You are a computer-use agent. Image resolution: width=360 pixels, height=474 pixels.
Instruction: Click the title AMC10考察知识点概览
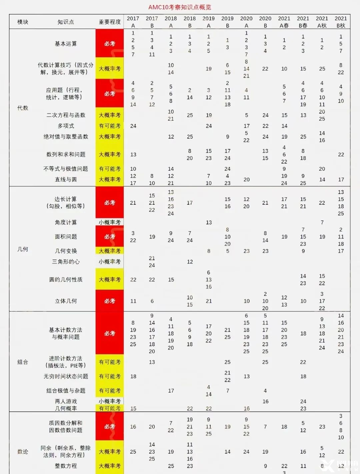point(180,7)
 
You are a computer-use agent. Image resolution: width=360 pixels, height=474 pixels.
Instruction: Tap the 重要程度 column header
point(110,22)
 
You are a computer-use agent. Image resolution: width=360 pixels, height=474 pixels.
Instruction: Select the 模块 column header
point(23,22)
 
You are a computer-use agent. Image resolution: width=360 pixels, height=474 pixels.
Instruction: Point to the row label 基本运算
point(66,44)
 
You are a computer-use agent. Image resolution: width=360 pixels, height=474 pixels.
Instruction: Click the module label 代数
point(23,108)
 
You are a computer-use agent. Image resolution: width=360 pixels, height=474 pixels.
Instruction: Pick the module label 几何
point(23,249)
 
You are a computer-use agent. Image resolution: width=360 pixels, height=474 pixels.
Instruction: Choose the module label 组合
point(23,362)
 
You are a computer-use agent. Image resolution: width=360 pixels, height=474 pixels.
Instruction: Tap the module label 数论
point(23,452)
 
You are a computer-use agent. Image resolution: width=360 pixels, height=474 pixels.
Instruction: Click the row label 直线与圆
point(66,179)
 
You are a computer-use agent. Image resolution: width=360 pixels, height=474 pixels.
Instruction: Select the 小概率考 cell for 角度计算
point(110,222)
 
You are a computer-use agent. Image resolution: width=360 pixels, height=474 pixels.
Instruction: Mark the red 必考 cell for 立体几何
point(110,301)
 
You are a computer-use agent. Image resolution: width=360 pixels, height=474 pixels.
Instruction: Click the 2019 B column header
point(227,22)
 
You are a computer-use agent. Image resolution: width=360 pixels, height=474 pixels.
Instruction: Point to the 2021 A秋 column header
point(322,22)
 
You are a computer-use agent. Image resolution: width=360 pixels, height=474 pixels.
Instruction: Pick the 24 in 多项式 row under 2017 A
point(133,126)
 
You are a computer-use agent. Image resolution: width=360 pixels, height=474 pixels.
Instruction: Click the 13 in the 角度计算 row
point(209,222)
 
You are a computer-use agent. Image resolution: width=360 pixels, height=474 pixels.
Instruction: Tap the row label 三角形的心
point(66,262)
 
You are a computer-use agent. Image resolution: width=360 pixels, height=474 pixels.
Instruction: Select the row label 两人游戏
point(66,401)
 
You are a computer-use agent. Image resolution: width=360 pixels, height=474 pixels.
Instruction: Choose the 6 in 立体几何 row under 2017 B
point(152,301)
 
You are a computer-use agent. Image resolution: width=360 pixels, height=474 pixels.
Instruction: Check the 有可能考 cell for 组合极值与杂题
point(110,391)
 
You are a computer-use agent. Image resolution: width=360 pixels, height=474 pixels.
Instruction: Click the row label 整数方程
point(66,466)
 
